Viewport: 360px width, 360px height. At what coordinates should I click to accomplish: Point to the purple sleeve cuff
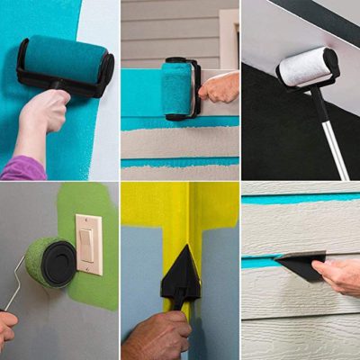(x=23, y=168)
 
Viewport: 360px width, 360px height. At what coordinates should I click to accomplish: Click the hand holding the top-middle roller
(x=220, y=87)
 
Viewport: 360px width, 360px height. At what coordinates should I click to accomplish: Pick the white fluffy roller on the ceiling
(x=308, y=67)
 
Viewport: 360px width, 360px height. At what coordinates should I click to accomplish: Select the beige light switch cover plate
(x=89, y=244)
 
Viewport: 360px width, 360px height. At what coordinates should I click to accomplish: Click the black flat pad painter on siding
(x=299, y=265)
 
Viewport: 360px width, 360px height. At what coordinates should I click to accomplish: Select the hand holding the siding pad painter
(x=340, y=276)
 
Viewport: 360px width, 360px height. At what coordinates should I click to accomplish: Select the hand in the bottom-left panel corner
(x=6, y=328)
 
